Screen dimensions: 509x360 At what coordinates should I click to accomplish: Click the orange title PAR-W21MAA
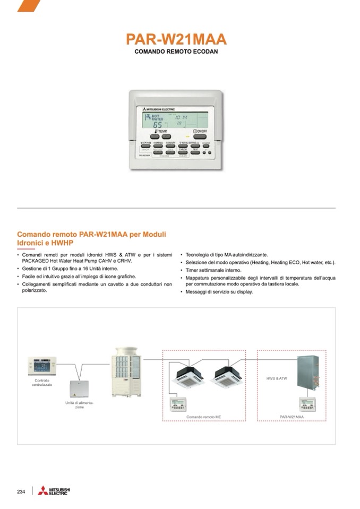[176, 39]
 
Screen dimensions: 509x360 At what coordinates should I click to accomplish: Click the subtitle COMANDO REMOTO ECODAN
[176, 51]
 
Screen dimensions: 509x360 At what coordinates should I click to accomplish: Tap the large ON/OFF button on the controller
[200, 135]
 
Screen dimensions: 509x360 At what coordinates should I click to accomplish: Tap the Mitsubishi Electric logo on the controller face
[157, 109]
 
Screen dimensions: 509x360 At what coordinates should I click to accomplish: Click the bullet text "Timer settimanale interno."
[213, 270]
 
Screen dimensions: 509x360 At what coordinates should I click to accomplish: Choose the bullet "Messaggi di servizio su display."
[219, 291]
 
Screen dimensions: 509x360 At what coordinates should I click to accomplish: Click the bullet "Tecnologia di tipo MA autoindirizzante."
[227, 255]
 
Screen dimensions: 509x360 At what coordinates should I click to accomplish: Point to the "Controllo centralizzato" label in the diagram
[42, 382]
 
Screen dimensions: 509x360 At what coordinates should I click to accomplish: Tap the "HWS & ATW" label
[277, 378]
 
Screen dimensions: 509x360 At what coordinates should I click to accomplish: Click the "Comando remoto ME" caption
[203, 417]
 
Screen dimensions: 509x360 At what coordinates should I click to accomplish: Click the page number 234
[21, 491]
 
